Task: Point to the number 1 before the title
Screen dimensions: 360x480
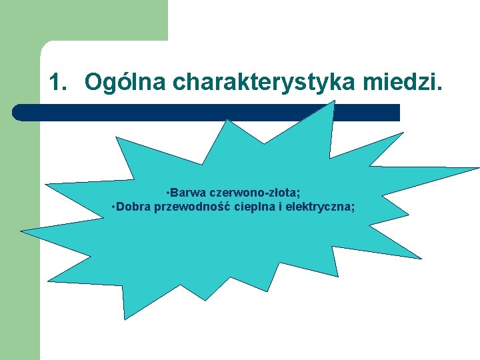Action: (58, 83)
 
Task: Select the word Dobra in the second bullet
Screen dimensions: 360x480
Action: (133, 207)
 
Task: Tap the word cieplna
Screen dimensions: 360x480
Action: (251, 207)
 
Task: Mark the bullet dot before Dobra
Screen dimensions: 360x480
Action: (115, 207)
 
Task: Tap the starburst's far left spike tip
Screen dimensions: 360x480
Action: (23, 231)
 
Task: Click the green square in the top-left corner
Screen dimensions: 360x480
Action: (83, 20)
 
